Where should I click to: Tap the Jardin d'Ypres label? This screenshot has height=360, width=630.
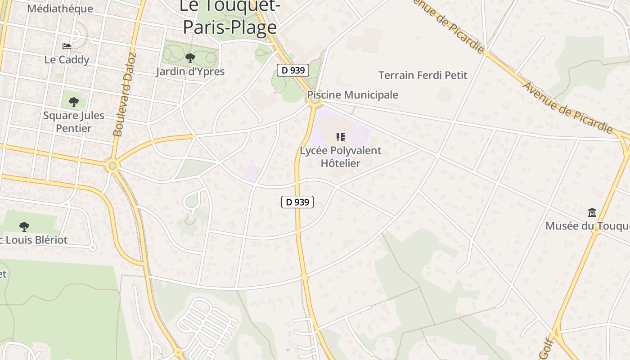coord(190,72)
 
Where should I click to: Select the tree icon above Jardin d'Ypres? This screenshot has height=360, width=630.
coord(190,58)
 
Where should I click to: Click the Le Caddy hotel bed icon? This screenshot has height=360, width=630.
coord(67,46)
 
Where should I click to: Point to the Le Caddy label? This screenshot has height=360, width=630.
coord(67,60)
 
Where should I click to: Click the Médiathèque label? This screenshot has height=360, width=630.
coord(60,9)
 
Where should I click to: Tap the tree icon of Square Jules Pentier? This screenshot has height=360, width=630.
coord(74,103)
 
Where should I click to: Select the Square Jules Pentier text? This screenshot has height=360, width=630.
coord(74,122)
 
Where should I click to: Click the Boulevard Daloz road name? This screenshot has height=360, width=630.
coord(125,95)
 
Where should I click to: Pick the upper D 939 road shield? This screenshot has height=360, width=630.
coord(292,70)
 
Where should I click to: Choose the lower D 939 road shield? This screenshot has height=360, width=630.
coord(297,202)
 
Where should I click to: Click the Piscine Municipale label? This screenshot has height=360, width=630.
coord(352,95)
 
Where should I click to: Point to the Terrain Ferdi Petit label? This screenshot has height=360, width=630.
coord(423,75)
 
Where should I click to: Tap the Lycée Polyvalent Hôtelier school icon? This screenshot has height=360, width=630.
coord(341,137)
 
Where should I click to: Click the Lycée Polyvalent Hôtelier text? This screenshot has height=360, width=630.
coord(341,157)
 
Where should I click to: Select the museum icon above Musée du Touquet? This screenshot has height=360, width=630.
coord(592,212)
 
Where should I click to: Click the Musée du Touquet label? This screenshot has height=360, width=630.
coord(587,226)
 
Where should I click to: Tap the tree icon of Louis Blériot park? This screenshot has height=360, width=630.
coord(24,226)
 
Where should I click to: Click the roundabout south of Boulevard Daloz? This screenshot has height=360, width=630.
coord(112,166)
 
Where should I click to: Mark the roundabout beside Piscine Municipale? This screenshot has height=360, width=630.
coord(315,101)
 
